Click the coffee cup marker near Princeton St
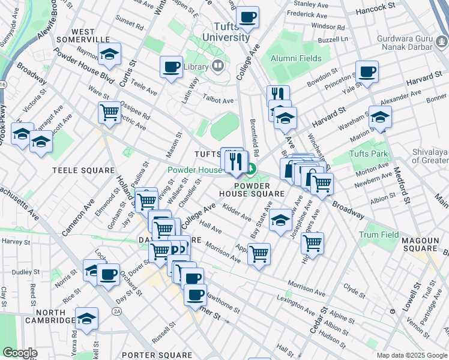(x=367, y=72)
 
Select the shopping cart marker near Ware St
(x=109, y=112)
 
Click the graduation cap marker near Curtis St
(x=110, y=54)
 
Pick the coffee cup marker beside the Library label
(x=172, y=67)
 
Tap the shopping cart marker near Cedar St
(x=312, y=243)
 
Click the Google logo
(x=20, y=353)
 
